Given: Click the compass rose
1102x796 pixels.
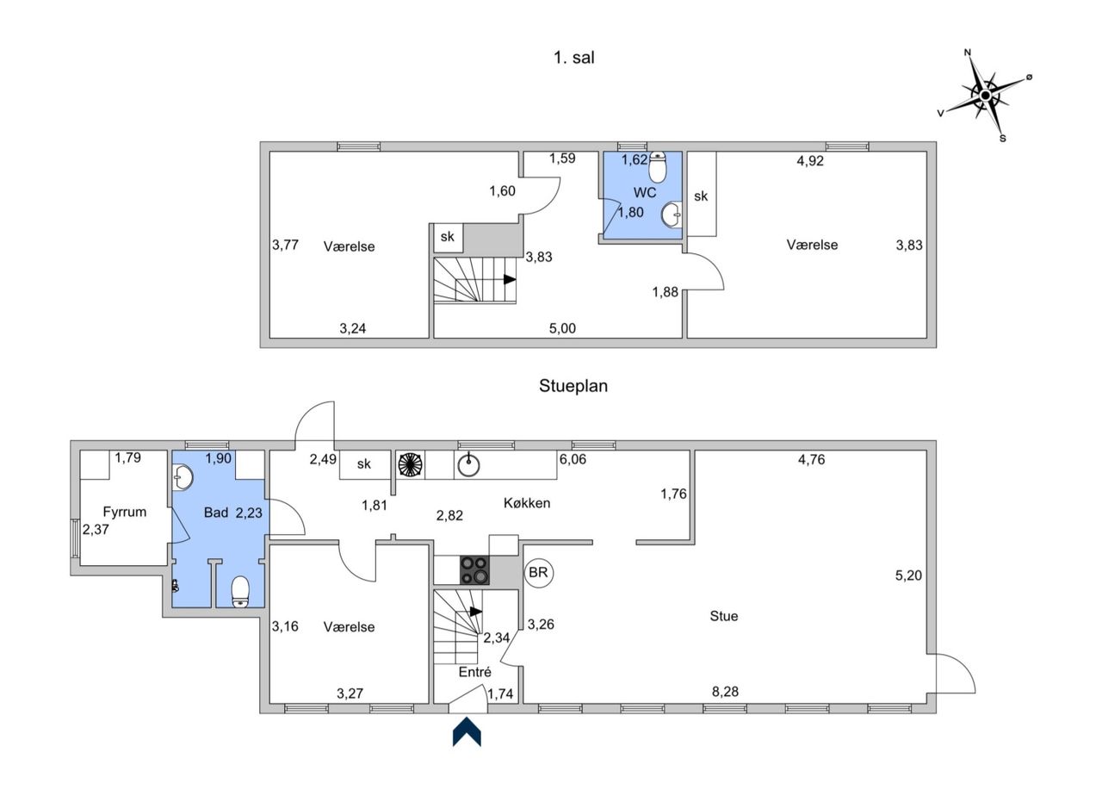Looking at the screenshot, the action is tap(986, 95).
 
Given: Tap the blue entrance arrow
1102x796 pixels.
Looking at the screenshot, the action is tap(467, 732).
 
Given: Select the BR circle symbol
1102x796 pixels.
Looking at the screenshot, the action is tap(539, 573).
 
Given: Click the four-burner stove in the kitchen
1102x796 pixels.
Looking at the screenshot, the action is tap(474, 570).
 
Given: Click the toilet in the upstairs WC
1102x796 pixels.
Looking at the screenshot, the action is tap(657, 167).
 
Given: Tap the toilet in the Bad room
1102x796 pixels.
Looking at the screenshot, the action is tap(240, 592).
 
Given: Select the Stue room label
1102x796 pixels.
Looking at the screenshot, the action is tap(724, 616).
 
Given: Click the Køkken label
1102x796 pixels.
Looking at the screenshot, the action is tap(527, 503).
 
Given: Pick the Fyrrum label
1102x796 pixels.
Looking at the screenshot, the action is tap(125, 512).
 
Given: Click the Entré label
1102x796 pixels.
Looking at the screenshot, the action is tap(474, 672).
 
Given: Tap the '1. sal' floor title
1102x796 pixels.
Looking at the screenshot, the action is tap(574, 58).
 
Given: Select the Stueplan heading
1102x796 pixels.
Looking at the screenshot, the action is tap(573, 385).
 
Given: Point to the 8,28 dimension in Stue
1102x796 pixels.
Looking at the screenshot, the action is tap(725, 692).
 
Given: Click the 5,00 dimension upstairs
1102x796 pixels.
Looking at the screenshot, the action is tap(562, 328).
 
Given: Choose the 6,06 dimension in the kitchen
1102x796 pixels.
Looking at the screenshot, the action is tap(573, 459).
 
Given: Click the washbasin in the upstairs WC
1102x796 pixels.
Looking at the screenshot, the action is tap(672, 215).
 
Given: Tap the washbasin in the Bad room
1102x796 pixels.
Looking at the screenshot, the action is tap(183, 477).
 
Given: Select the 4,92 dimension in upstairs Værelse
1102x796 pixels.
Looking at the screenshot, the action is tap(810, 161).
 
